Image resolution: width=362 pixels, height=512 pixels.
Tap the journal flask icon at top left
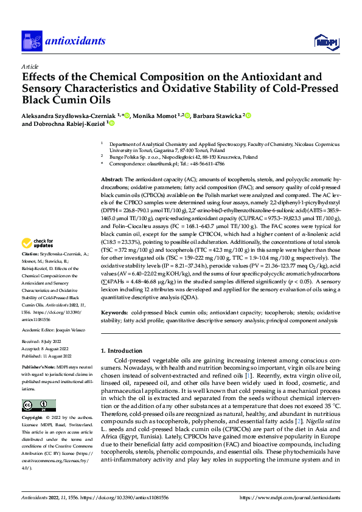coord(30,41)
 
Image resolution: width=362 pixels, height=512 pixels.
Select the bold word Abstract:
coord(112,164)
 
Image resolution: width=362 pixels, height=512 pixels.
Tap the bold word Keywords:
coord(114,311)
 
